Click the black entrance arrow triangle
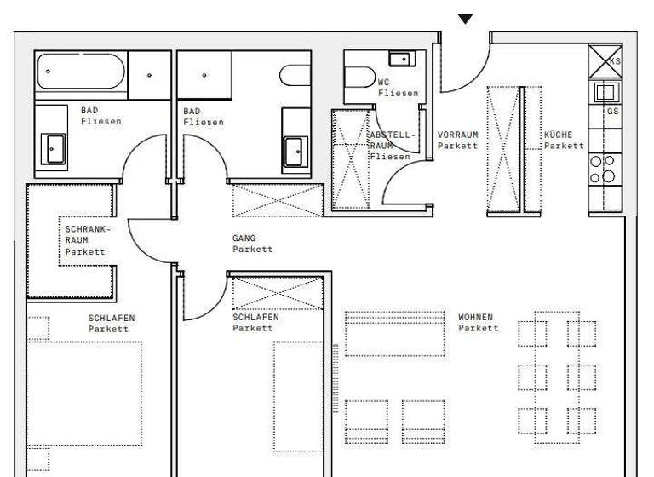coord(465,19)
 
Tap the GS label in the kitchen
coord(613,112)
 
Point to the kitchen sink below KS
coord(605,92)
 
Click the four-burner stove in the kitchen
coord(603,169)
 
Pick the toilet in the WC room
coord(358,78)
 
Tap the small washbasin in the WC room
coord(399,59)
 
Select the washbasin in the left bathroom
coord(53,151)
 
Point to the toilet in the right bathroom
coord(295,76)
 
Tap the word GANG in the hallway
coord(244,238)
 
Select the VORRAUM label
coord(457,135)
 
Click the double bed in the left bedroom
coord(84,392)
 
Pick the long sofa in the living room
coord(394,333)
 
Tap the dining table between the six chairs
coord(557,375)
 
